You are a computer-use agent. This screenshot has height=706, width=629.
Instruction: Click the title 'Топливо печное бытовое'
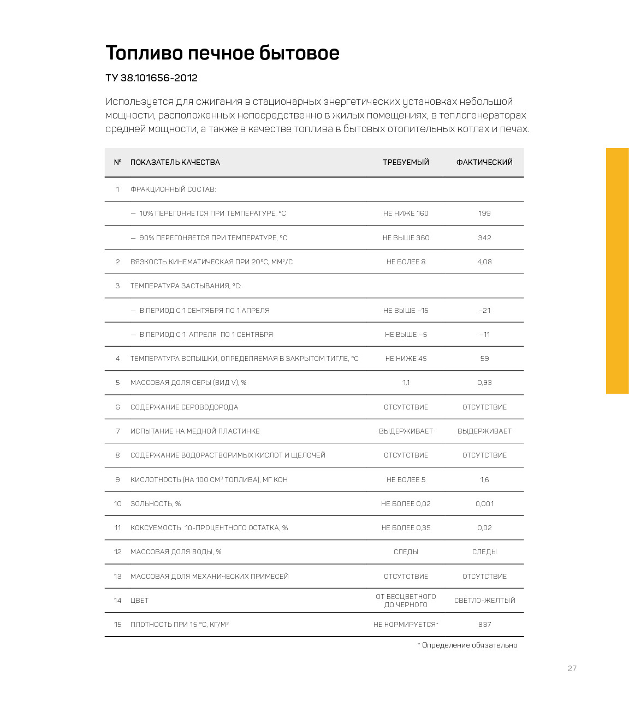point(222,53)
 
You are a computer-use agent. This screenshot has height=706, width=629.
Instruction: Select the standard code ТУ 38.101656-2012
point(151,78)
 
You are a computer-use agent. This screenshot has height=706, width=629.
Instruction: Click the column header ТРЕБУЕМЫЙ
point(406,162)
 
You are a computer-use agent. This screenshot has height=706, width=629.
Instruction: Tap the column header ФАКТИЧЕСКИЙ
point(484,162)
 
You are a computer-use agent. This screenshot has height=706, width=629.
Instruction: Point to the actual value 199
point(484,213)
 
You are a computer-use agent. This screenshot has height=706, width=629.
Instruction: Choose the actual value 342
point(484,238)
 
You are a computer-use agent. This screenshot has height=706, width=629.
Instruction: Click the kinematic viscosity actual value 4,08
point(484,262)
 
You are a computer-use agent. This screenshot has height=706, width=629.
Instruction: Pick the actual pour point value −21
point(484,311)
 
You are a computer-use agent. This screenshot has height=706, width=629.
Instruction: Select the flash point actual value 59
point(484,359)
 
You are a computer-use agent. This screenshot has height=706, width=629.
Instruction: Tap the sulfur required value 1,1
point(406,383)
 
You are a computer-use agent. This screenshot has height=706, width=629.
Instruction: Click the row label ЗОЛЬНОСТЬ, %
point(156,504)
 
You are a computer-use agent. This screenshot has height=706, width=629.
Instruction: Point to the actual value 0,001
point(484,504)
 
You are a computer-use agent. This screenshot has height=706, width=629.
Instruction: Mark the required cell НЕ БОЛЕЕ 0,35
point(406,528)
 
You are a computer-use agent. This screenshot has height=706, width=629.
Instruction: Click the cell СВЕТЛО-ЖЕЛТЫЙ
point(484,601)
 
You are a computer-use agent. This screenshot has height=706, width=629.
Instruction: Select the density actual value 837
point(484,625)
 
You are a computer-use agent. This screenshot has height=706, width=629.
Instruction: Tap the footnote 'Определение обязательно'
point(469,645)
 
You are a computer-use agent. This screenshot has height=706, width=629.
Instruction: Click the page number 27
point(572,668)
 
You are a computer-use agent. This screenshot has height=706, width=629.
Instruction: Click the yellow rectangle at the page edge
point(617,271)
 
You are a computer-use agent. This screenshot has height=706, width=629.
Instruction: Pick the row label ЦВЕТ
point(139,601)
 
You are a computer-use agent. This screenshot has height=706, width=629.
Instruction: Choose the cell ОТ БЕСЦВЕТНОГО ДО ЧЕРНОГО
point(406,601)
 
